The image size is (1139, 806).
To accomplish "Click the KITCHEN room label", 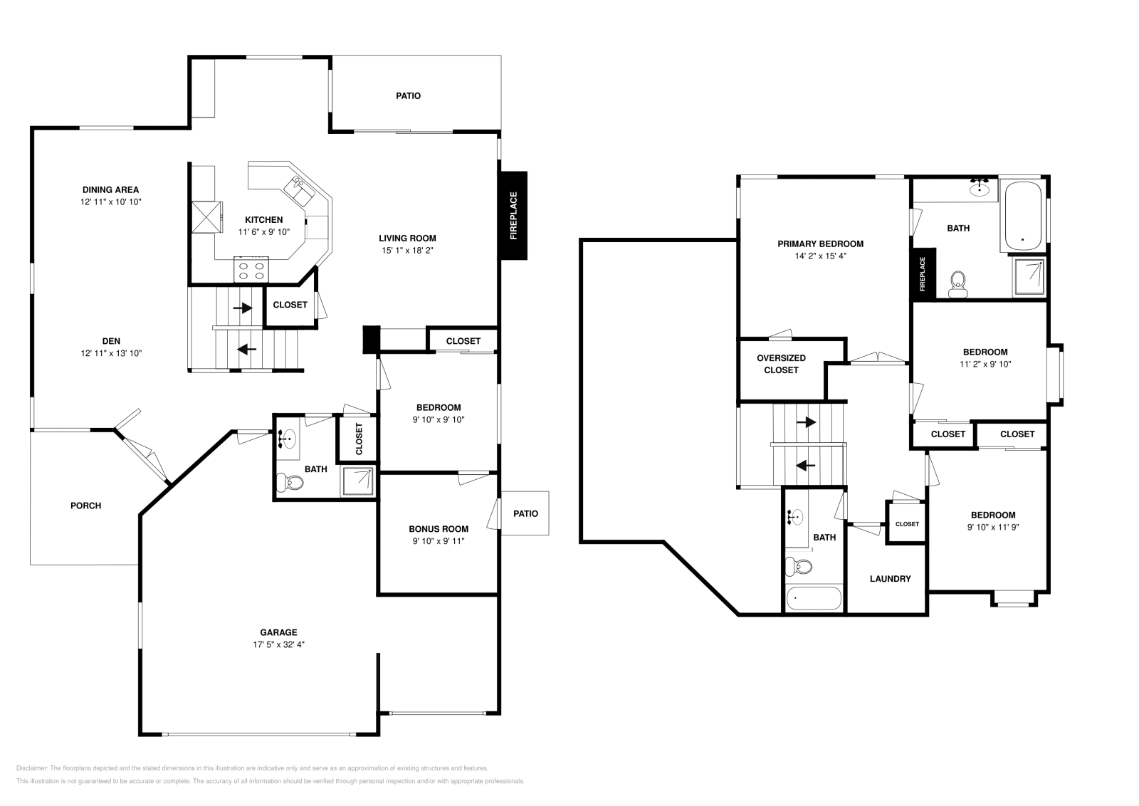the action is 263,220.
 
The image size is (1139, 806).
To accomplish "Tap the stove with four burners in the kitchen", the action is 251,270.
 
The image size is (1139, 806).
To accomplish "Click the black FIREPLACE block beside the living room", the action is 513,216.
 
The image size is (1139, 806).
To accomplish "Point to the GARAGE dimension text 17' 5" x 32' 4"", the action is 278,644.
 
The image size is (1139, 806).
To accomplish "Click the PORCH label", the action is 85,506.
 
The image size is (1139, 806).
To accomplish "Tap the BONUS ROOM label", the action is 439,529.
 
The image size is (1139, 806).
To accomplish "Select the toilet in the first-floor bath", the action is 289,482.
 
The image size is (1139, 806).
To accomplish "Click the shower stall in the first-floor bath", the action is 358,482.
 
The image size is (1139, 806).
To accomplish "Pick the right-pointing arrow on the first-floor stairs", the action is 243,308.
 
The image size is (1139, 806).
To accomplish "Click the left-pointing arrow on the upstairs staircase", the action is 805,465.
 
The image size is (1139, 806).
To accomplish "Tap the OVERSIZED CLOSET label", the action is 781,364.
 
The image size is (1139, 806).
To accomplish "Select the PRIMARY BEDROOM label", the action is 820,244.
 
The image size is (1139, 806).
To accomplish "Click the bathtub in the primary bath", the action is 1024,216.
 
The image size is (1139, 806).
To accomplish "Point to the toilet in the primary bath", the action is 958,285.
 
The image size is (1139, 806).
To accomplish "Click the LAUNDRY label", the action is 890,579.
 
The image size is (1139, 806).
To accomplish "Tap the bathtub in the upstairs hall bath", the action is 814,599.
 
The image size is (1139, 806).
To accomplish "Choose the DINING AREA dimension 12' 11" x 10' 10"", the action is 111,202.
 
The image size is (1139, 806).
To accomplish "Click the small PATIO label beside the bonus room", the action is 525,513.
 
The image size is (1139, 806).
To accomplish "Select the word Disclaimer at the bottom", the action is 31,768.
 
